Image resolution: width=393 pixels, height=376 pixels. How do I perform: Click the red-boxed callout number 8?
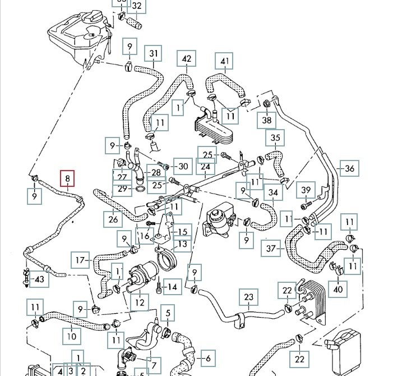click(67, 180)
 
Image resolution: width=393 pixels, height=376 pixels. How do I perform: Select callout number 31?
click(155, 54)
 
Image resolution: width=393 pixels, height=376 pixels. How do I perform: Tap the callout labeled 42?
click(187, 58)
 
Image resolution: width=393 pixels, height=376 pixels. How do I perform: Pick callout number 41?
click(225, 61)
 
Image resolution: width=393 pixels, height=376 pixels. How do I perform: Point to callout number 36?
click(350, 168)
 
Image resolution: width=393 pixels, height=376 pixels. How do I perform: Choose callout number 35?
click(275, 137)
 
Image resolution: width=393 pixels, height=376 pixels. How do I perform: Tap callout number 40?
click(338, 289)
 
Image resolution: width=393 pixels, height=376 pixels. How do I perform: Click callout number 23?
click(249, 297)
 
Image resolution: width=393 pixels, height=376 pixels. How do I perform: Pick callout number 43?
click(39, 279)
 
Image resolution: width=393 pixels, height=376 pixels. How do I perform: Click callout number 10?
click(71, 336)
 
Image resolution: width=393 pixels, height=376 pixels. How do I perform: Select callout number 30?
click(181, 166)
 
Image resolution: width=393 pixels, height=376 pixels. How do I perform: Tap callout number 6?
click(207, 357)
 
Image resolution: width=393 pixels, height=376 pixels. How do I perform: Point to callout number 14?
click(172, 287)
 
